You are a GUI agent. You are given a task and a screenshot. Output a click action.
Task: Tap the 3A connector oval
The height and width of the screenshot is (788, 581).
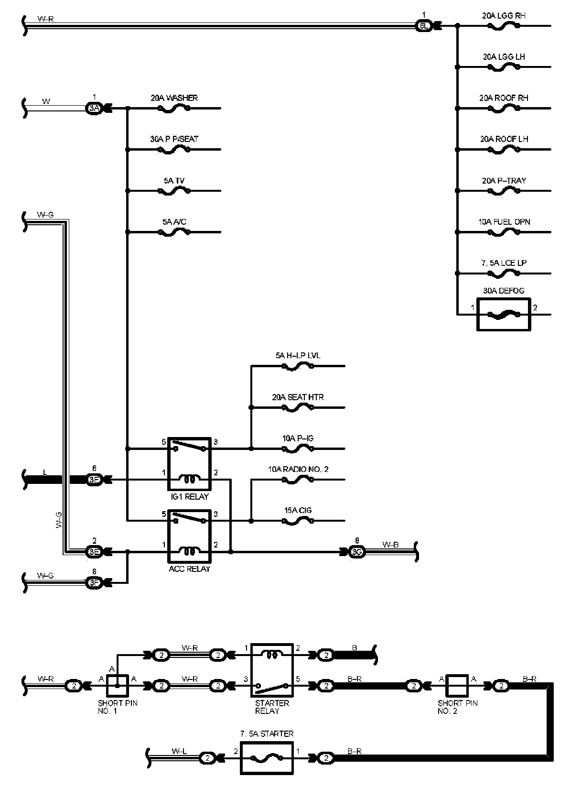94,109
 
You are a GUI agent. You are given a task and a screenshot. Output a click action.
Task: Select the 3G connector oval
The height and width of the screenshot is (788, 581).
357,552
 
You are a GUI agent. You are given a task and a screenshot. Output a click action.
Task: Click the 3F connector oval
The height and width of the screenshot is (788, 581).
94,583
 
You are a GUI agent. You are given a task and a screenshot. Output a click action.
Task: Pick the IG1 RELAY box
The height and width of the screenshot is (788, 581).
189,463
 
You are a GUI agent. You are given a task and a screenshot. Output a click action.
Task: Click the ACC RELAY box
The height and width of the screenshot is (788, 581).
189,536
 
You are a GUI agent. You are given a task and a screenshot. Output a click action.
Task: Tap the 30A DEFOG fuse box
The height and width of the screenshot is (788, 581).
504,314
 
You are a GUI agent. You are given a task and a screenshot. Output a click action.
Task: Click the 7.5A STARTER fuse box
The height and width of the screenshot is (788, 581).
267,758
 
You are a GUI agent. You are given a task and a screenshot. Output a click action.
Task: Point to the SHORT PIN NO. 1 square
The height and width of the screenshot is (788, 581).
117,686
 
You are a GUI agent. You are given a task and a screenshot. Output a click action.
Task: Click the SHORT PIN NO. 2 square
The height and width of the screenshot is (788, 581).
457,686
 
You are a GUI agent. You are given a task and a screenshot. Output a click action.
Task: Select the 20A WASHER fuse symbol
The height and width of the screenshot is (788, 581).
173,109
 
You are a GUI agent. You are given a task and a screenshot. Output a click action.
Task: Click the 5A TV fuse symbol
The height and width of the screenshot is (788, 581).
173,191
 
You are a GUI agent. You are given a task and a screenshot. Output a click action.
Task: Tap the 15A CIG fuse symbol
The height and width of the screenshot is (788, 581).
298,521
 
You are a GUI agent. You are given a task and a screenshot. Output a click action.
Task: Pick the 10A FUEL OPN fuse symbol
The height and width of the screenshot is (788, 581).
504,232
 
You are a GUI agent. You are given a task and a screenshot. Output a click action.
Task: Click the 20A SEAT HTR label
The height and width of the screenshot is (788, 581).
298,397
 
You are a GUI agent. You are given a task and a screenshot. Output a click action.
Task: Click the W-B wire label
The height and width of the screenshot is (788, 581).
390,545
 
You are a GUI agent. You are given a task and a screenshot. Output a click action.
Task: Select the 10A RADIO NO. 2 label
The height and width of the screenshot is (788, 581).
298,470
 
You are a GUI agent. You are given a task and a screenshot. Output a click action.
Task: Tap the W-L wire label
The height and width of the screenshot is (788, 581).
179,751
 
